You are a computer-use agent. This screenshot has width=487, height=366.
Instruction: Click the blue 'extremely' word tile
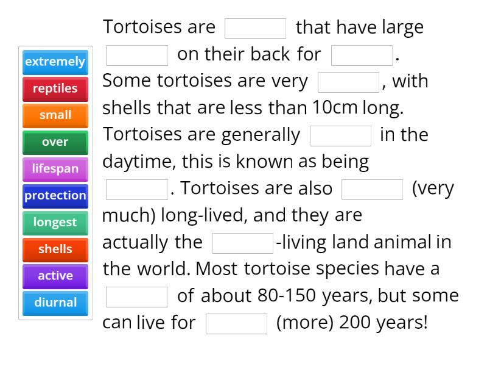(x=55, y=62)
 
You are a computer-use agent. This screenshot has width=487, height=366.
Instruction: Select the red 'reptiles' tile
(x=55, y=88)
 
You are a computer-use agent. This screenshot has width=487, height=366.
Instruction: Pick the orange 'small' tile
(x=55, y=115)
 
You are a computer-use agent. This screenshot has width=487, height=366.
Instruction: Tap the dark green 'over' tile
(x=55, y=142)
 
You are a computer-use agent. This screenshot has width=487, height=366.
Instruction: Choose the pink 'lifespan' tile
(x=55, y=169)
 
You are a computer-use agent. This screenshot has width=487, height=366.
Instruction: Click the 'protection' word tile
(x=55, y=196)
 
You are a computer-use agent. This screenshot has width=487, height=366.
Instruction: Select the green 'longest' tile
(x=55, y=223)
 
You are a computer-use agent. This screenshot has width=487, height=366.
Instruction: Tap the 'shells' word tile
(x=55, y=249)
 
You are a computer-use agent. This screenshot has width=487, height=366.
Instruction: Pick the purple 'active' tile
(x=55, y=276)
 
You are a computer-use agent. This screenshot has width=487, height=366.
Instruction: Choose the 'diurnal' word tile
(x=55, y=303)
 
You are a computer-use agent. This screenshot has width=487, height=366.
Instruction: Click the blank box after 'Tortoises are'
(x=255, y=29)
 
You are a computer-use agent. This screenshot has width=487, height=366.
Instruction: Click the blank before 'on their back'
(x=137, y=56)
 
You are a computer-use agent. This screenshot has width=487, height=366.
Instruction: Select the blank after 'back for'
(x=362, y=56)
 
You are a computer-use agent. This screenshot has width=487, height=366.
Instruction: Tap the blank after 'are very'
(x=348, y=82)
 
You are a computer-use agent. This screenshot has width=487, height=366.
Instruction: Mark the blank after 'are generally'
(x=340, y=136)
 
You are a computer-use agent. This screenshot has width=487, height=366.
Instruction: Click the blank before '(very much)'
(x=372, y=190)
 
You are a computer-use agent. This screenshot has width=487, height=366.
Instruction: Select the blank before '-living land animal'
(x=242, y=243)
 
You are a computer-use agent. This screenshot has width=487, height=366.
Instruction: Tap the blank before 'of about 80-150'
(x=137, y=297)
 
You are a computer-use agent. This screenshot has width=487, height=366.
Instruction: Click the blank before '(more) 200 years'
(x=236, y=324)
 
